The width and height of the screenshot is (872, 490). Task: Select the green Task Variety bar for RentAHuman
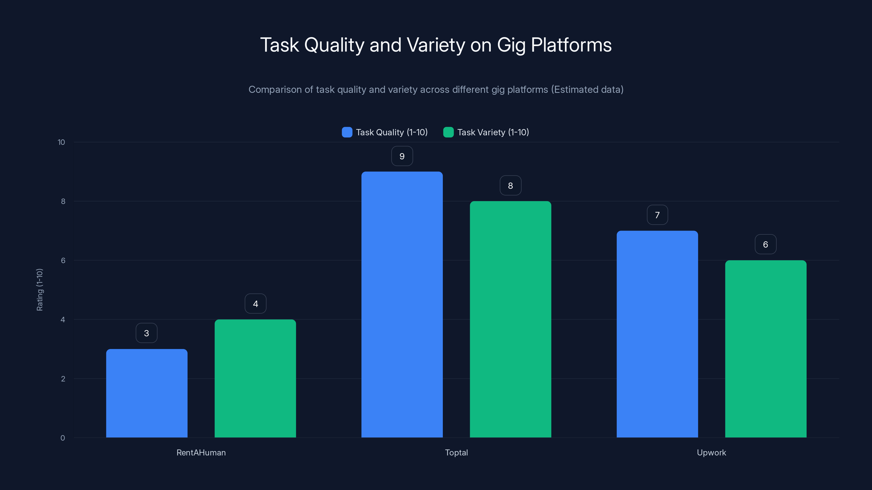[255, 378]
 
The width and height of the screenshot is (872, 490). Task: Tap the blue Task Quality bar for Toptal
[402, 304]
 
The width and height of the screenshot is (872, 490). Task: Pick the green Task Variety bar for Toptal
[510, 319]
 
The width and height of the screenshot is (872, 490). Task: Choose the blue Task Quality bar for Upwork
[657, 334]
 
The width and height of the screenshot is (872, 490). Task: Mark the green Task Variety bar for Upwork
[766, 349]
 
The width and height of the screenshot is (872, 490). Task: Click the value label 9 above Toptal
[402, 156]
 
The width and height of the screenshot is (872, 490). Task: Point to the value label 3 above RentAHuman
[147, 333]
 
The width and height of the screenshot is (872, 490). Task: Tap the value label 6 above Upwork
[765, 244]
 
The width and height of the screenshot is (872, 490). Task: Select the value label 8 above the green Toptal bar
[510, 186]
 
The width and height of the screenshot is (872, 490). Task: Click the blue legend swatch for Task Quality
[347, 132]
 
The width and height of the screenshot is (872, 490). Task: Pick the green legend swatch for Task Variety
[448, 132]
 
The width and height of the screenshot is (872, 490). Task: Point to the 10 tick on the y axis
[61, 142]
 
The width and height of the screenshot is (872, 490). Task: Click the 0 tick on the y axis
[63, 438]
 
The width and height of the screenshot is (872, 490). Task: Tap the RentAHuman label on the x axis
[201, 452]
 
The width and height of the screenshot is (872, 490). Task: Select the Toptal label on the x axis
[456, 452]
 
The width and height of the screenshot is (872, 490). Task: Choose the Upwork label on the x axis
[711, 452]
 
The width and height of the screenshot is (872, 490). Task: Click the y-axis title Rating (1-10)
[40, 290]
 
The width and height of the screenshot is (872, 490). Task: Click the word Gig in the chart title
[511, 45]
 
